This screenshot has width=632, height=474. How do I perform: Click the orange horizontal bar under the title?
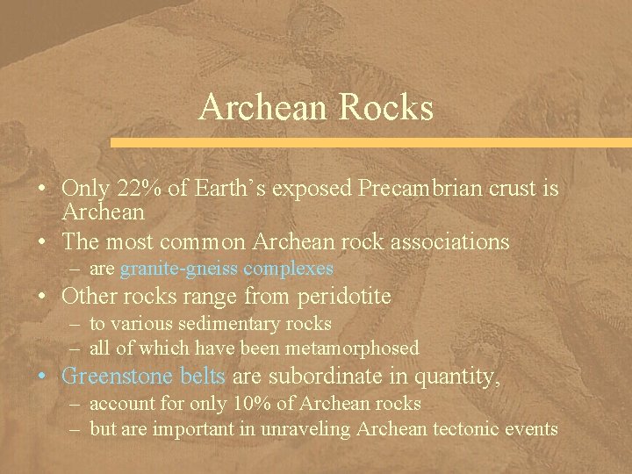click(x=369, y=141)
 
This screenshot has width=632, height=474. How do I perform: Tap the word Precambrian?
click(x=410, y=189)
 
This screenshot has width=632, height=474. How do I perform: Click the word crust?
click(x=509, y=189)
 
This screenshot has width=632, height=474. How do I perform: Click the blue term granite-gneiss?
click(x=179, y=269)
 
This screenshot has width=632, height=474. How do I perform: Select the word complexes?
click(x=289, y=269)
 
